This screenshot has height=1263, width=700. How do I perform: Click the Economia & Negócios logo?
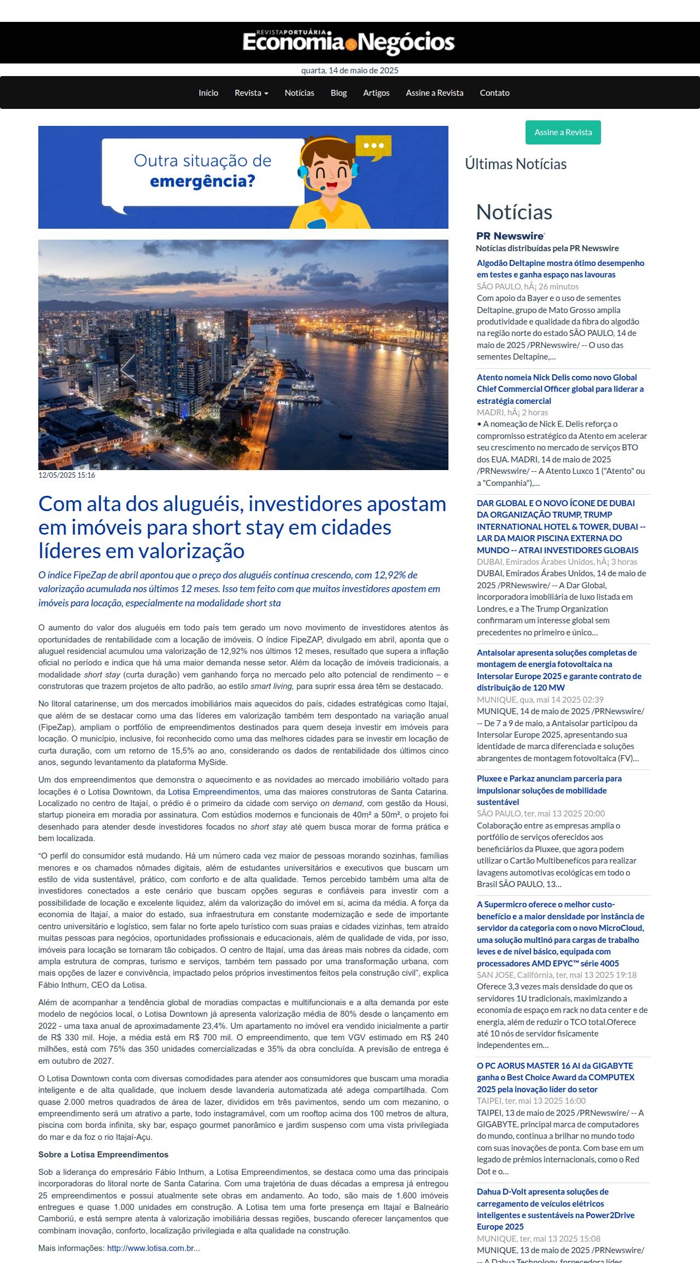349,43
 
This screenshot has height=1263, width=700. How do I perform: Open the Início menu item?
208,93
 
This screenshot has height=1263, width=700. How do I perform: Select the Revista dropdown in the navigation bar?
251,93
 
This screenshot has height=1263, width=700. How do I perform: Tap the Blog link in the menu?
339,93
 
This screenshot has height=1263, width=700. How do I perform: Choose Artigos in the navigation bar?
376,93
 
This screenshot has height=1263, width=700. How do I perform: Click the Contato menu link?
494,93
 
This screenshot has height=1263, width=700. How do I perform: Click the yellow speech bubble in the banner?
374,147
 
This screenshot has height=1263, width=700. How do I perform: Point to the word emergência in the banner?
202,181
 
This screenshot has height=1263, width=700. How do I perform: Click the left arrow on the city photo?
128,368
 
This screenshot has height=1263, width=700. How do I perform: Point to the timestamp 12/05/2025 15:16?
67,475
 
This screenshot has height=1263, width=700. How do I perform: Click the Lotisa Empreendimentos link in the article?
213,792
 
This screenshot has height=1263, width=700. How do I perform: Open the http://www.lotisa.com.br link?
153,1248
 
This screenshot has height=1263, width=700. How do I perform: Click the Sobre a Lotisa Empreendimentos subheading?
103,1154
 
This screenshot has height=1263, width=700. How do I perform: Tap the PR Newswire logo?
510,236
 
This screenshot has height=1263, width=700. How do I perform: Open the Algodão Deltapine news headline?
560,269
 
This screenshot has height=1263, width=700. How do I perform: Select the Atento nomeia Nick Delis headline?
560,389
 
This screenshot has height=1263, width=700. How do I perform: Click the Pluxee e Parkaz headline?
549,790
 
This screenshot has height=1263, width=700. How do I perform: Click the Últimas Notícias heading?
516,164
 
